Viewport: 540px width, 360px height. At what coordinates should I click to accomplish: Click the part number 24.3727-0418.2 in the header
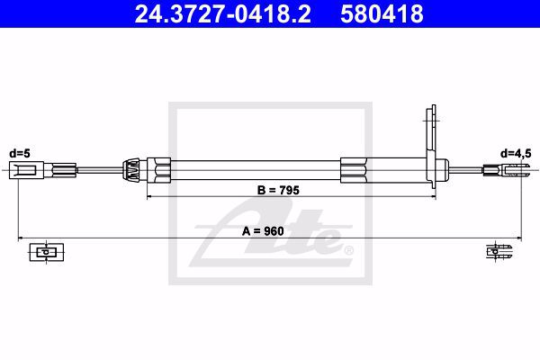[x=223, y=14]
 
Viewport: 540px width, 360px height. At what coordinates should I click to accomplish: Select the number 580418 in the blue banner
[x=382, y=14]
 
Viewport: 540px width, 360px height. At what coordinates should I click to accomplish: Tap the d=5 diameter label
[x=20, y=153]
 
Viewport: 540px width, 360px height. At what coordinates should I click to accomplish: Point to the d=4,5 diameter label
[x=516, y=154]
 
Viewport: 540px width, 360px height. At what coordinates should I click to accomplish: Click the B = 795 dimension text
[x=278, y=190]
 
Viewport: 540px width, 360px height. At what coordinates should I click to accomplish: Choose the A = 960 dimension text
[x=263, y=231]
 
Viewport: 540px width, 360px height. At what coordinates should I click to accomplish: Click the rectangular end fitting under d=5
[x=26, y=170]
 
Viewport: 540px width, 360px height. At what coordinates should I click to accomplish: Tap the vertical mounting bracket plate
[x=431, y=147]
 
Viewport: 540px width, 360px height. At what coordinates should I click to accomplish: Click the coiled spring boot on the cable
[x=130, y=170]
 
